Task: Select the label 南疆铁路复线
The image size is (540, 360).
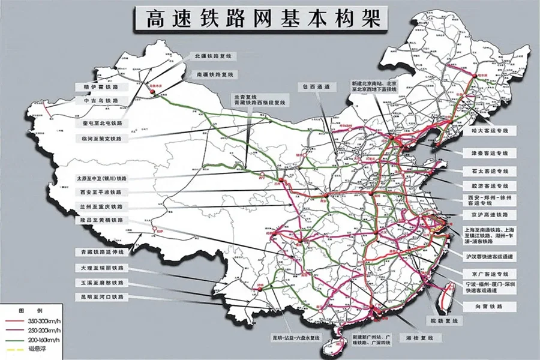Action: tap(214, 75)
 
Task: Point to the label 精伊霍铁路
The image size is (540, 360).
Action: tap(101, 88)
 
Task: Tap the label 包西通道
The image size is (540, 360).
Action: tap(316, 87)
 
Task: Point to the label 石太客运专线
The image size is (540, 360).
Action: tap(485, 171)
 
